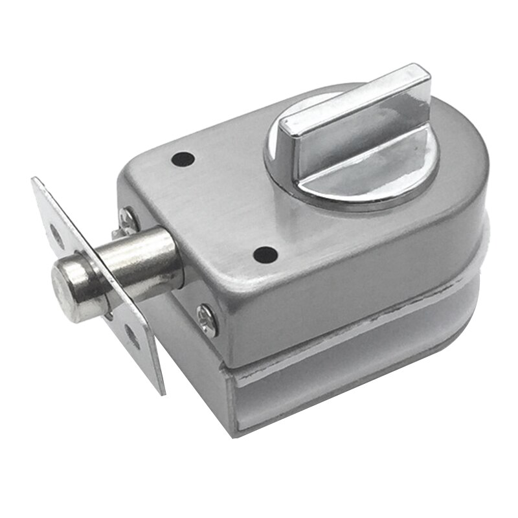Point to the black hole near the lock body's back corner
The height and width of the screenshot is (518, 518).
pos(183,157)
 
